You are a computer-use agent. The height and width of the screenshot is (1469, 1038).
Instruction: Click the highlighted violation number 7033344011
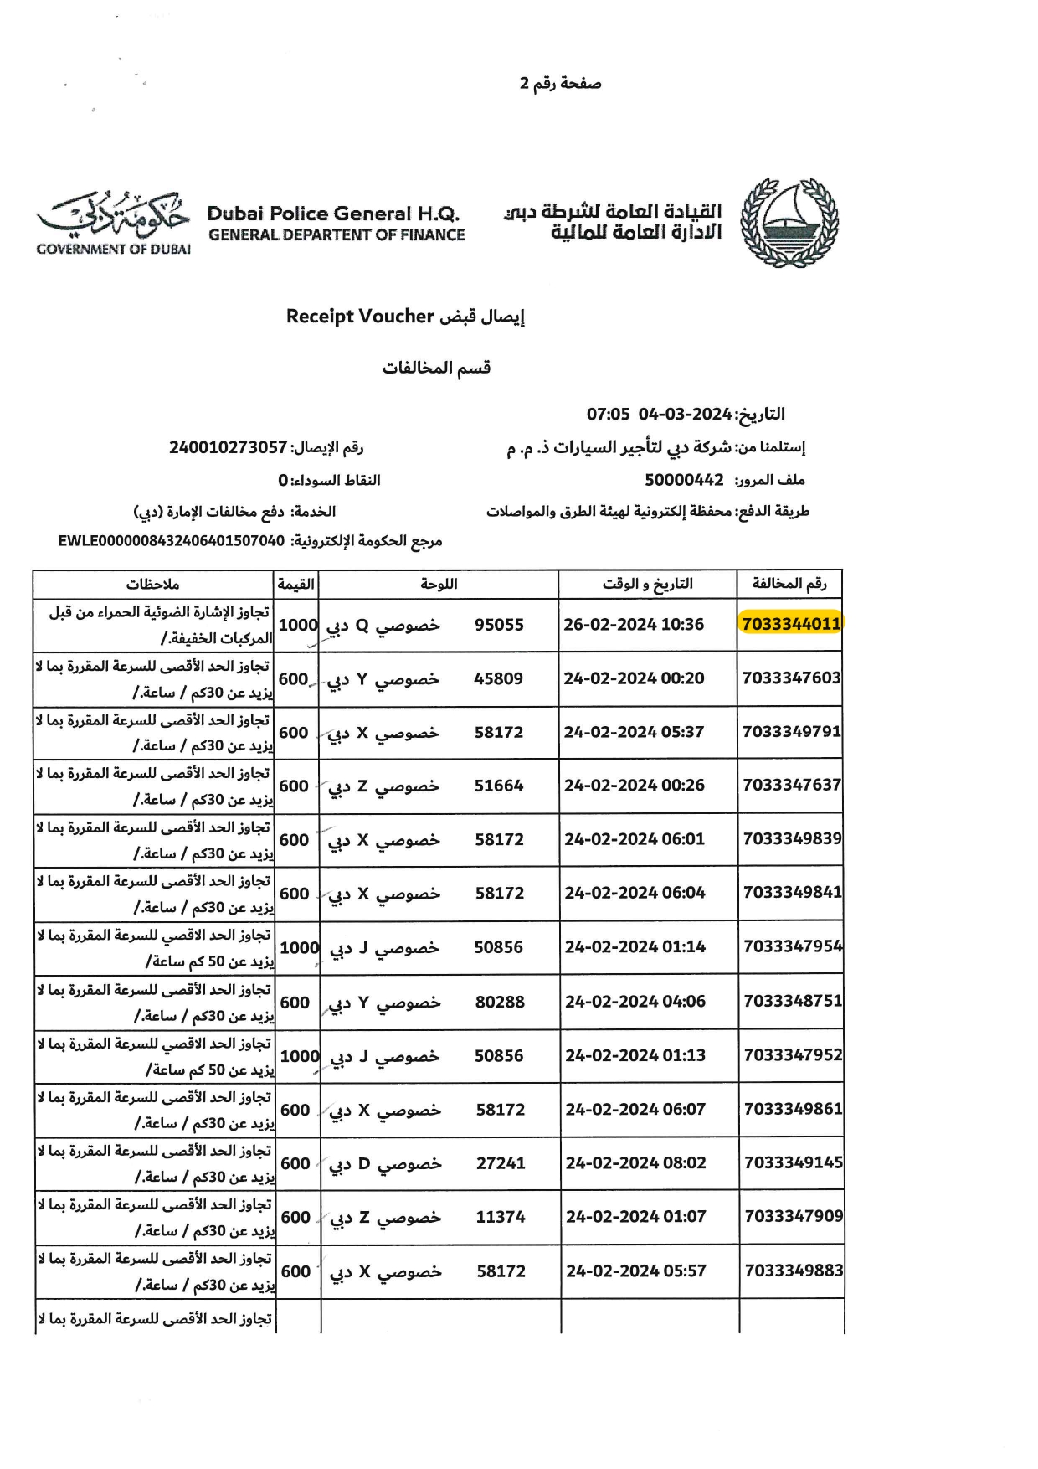tap(790, 624)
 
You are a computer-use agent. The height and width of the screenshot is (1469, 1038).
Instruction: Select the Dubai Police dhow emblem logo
tap(789, 223)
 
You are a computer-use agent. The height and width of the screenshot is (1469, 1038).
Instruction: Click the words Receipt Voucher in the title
tap(360, 317)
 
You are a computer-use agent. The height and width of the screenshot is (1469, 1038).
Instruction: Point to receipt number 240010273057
tap(228, 447)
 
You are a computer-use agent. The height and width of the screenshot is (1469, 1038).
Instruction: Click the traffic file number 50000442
tap(684, 480)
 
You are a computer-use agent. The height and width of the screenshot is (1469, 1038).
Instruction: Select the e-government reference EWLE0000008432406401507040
tap(172, 541)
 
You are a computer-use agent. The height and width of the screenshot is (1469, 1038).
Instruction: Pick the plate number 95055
tap(499, 625)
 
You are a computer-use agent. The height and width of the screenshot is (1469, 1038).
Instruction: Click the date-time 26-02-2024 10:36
tap(634, 625)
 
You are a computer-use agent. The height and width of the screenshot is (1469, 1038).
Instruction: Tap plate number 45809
tap(498, 678)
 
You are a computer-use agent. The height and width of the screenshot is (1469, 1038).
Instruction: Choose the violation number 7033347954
tap(792, 946)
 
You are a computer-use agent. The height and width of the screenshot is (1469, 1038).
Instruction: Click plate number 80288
tap(500, 1002)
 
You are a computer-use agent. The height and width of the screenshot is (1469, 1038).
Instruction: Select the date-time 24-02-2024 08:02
tap(635, 1163)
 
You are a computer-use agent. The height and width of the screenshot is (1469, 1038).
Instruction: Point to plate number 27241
tap(501, 1163)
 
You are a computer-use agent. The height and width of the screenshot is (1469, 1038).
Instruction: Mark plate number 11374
tap(501, 1217)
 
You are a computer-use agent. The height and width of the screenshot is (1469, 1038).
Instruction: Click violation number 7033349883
tap(794, 1271)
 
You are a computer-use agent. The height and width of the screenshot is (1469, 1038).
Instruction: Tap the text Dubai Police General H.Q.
tap(333, 214)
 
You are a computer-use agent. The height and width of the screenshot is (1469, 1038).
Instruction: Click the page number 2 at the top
tap(525, 83)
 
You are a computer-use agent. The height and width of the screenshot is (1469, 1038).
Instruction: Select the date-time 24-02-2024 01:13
tap(635, 1055)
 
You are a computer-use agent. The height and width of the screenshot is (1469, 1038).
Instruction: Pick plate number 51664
tap(499, 786)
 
